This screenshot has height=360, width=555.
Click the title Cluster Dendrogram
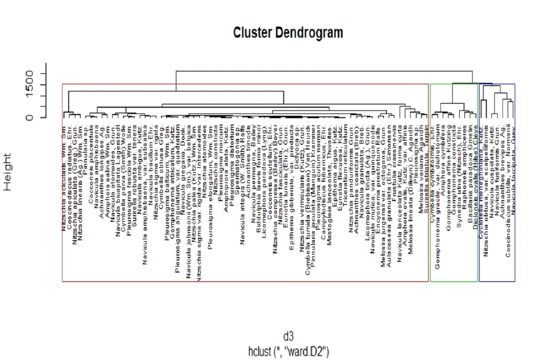click(288, 33)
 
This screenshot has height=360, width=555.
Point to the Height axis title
click(7, 172)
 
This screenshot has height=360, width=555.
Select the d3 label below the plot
click(288, 337)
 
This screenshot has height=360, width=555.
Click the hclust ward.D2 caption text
click(288, 352)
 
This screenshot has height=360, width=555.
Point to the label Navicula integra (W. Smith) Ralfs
click(243, 185)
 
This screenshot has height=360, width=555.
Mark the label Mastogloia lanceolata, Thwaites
click(329, 185)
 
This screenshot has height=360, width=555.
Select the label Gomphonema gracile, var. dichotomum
click(437, 197)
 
